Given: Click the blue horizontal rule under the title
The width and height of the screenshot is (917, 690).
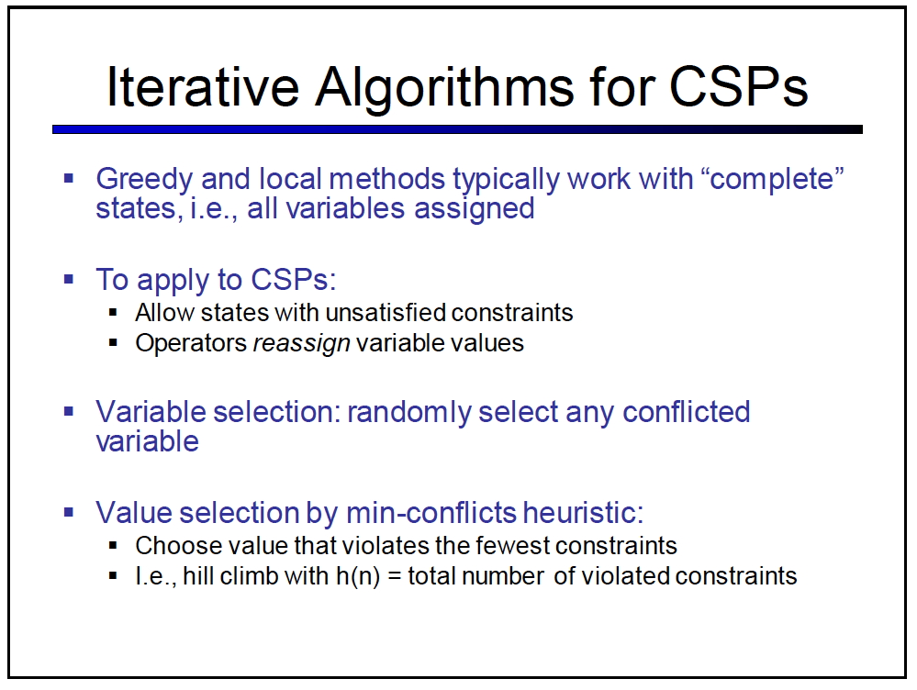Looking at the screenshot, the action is [457, 129].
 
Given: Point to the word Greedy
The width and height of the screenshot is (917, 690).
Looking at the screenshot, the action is [144, 180].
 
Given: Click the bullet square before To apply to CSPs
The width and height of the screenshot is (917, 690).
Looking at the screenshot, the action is [69, 279].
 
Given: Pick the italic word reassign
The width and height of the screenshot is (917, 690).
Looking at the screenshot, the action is [301, 344].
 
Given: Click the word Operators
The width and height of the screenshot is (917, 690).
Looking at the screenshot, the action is [191, 344].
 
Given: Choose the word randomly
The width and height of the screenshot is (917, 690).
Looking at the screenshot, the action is [408, 413].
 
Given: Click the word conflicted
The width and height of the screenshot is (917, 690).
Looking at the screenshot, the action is [686, 412].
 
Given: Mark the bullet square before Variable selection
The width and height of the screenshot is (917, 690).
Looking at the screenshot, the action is [69, 412].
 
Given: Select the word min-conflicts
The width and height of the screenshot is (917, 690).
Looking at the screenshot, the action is [431, 513].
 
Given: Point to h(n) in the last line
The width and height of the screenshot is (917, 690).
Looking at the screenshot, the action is [358, 576].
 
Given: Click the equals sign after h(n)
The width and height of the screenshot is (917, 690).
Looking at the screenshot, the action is [394, 577].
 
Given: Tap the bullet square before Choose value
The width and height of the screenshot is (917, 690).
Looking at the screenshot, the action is [114, 546].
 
